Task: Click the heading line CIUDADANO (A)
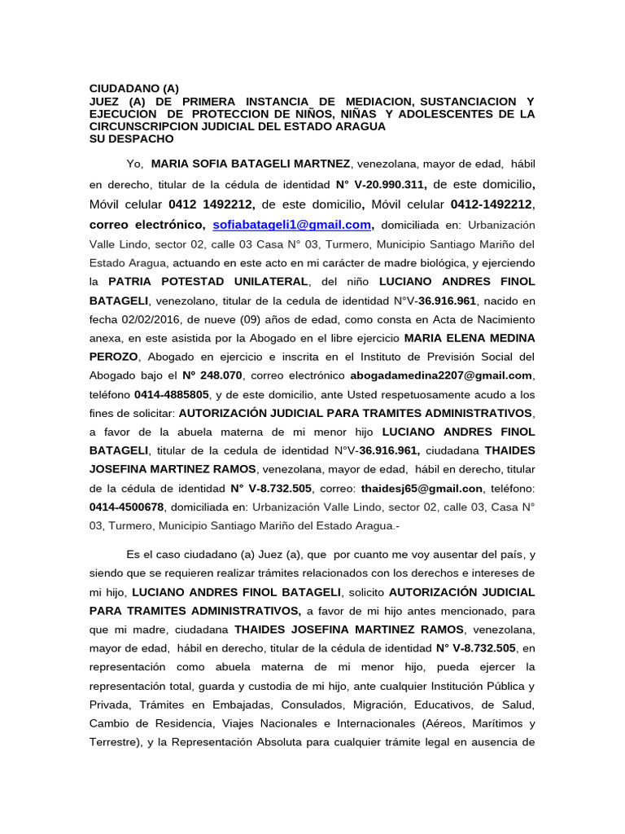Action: click(x=133, y=89)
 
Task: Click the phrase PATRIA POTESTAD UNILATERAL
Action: click(x=208, y=282)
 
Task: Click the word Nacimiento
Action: click(x=505, y=319)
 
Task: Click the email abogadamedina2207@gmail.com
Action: click(x=441, y=375)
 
